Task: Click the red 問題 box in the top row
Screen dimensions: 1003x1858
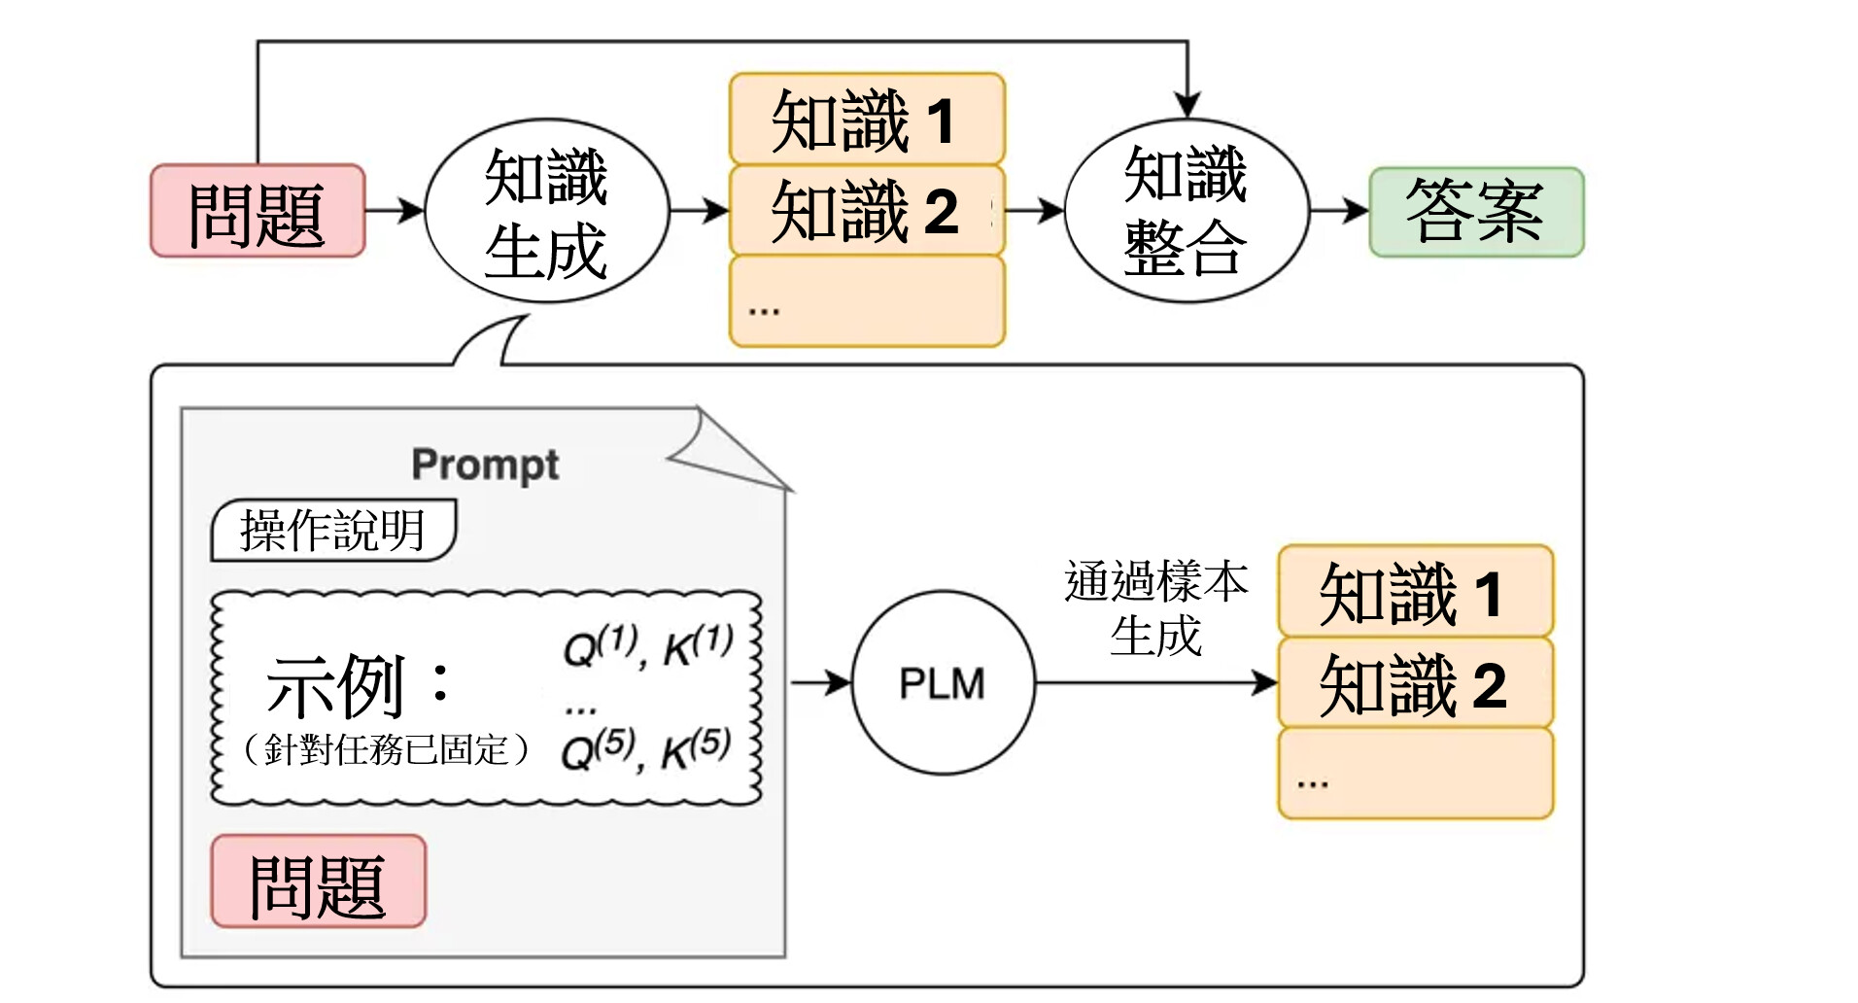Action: coord(258,211)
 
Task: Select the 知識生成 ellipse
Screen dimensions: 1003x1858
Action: coord(546,212)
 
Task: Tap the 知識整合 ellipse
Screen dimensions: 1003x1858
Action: coord(1186,210)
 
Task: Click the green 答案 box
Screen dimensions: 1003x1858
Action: coord(1475,211)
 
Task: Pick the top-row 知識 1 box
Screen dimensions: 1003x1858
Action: coord(866,119)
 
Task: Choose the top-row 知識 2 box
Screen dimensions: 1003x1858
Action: coord(866,210)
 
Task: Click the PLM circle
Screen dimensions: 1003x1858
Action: coord(942,683)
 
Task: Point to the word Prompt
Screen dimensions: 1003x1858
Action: coord(485,465)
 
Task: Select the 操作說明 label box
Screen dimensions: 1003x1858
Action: coord(333,531)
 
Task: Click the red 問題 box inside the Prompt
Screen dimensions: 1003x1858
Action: coord(318,882)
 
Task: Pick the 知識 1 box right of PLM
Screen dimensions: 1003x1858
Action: coord(1414,592)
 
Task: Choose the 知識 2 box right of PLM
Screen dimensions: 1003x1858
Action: coord(1414,683)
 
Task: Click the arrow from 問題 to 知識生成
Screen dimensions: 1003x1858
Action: coord(395,210)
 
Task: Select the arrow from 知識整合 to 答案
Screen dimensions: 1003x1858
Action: coord(1339,210)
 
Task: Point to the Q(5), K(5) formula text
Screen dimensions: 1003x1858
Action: coord(646,749)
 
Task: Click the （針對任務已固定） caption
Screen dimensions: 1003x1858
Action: coord(386,749)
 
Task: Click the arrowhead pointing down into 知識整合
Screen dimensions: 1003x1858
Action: coord(1187,105)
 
